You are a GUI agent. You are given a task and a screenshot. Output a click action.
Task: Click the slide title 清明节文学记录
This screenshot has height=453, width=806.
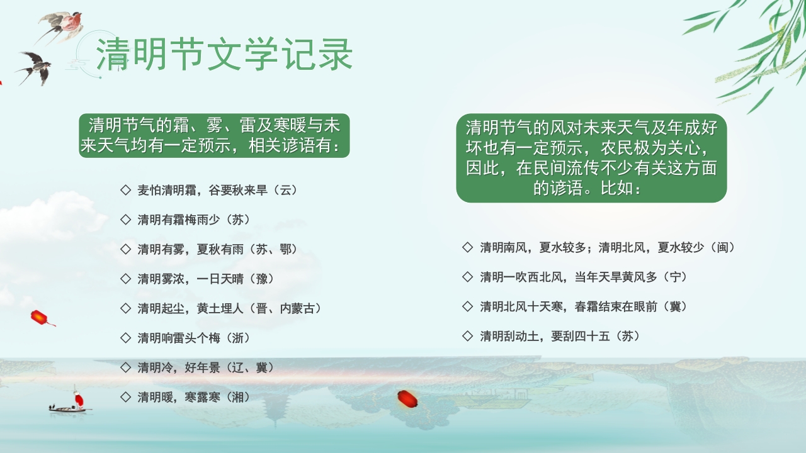pyautogui.click(x=224, y=55)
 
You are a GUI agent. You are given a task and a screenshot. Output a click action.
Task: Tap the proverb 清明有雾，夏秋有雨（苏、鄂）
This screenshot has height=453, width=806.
pyautogui.click(x=217, y=249)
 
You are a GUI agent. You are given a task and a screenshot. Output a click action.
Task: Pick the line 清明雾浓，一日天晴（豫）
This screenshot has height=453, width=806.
pyautogui.click(x=206, y=279)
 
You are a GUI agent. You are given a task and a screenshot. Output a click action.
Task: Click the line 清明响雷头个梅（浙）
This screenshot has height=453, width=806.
pyautogui.click(x=194, y=338)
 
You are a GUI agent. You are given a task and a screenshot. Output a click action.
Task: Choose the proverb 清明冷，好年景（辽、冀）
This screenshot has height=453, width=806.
pyautogui.click(x=206, y=367)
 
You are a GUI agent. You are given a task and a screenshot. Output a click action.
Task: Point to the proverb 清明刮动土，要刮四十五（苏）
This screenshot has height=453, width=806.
pyautogui.click(x=560, y=336)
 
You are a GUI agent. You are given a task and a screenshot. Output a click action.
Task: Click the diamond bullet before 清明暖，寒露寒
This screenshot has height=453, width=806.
pyautogui.click(x=125, y=397)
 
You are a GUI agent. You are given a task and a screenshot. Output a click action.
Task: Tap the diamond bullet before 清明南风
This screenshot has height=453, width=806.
pyautogui.click(x=467, y=247)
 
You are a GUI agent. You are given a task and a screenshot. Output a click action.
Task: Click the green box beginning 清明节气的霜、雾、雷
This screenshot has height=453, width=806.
pyautogui.click(x=214, y=135)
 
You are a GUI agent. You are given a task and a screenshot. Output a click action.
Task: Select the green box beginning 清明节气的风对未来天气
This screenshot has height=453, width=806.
pyautogui.click(x=591, y=158)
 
